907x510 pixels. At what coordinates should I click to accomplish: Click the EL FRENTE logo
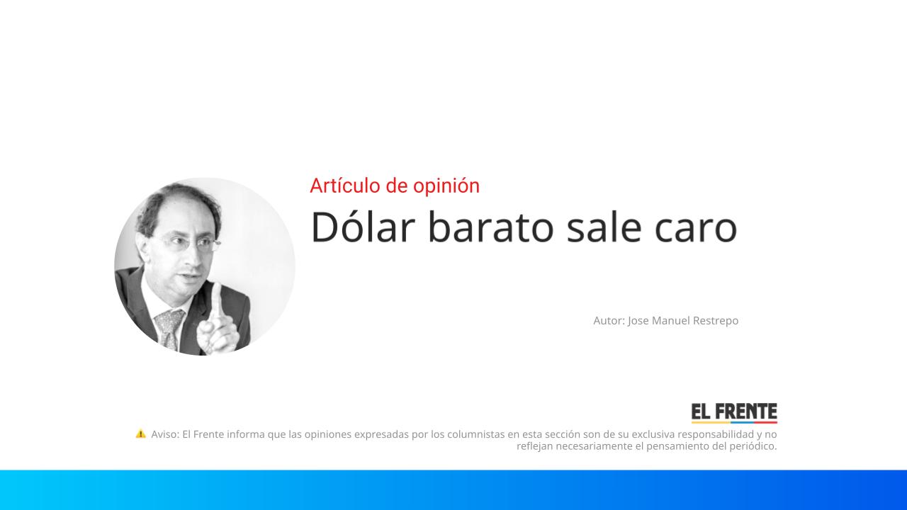[734, 412]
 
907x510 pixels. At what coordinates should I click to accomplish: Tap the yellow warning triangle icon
[141, 433]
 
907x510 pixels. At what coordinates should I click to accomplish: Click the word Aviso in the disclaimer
[164, 434]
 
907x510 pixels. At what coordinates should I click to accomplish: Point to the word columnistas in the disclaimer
[475, 434]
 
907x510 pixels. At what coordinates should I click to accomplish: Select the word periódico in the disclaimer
[753, 446]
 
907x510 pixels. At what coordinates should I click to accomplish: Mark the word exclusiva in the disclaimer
[653, 434]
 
